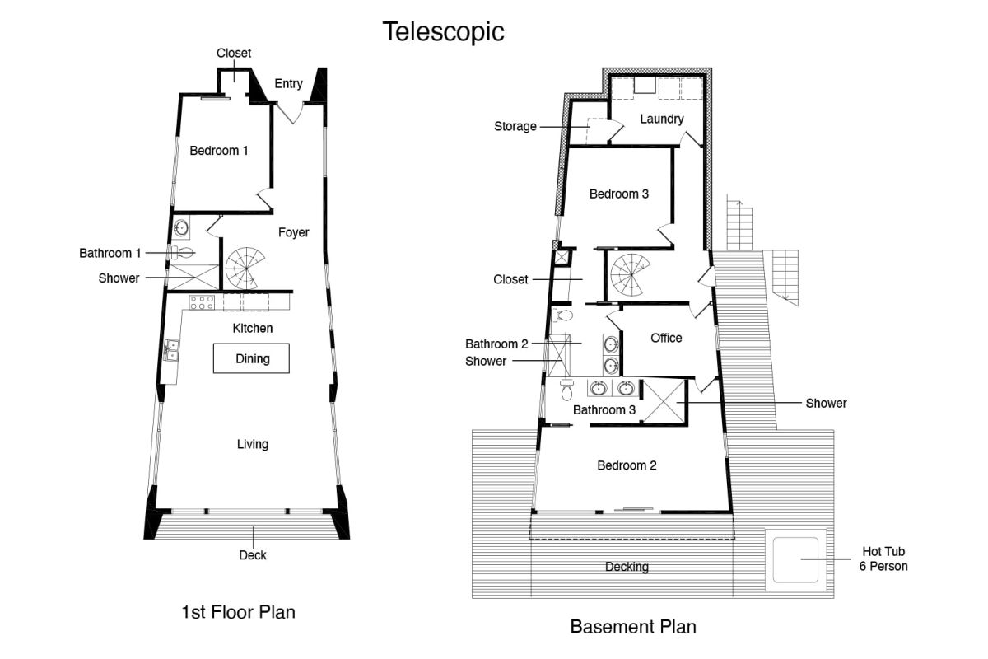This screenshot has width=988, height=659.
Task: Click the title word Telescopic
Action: click(x=443, y=32)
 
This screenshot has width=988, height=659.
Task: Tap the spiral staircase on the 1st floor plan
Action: click(x=245, y=268)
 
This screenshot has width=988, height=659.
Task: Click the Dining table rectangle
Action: click(x=251, y=358)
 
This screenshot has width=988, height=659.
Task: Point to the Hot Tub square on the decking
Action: click(x=795, y=559)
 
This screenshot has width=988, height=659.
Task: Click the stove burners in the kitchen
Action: click(x=202, y=302)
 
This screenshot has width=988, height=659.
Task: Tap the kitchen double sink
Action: click(x=171, y=350)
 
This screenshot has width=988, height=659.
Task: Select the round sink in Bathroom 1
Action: click(x=181, y=228)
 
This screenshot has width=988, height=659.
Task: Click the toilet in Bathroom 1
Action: click(x=183, y=253)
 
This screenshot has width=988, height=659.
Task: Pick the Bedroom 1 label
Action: click(x=219, y=151)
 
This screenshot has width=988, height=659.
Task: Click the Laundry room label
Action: click(x=662, y=119)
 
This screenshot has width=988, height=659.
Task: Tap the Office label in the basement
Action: click(x=666, y=338)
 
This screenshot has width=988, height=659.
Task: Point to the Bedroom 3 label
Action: click(x=619, y=194)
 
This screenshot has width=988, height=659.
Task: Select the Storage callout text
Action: click(x=515, y=127)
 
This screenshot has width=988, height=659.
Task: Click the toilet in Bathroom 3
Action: click(x=566, y=390)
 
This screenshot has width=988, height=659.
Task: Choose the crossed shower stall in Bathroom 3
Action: click(x=664, y=401)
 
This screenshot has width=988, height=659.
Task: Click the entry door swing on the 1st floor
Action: click(x=290, y=113)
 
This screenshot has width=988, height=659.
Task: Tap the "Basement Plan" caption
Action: click(x=633, y=627)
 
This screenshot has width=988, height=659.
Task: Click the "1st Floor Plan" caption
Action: click(x=238, y=612)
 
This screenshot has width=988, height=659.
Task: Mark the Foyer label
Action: click(x=293, y=232)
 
